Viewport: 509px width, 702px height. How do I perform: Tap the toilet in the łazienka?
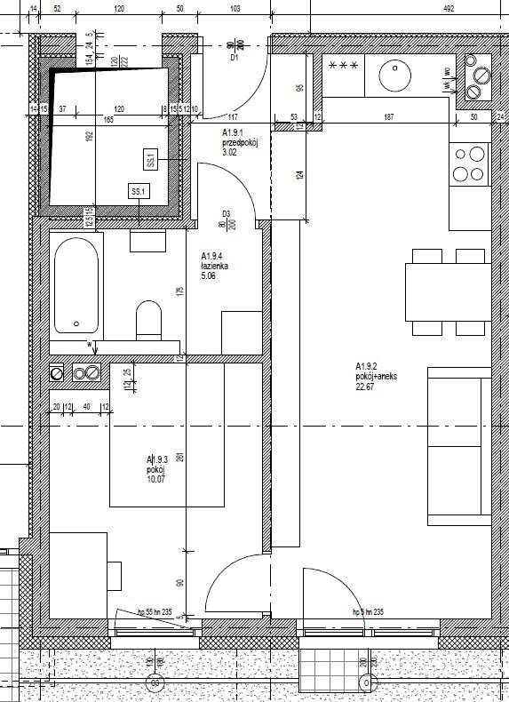tap(147, 318)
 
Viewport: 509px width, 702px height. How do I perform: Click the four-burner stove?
tap(469, 164)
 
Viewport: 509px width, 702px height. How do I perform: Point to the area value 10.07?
tap(157, 480)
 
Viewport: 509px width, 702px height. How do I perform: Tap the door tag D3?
tap(227, 213)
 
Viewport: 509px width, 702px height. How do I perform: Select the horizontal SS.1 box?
tap(138, 192)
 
